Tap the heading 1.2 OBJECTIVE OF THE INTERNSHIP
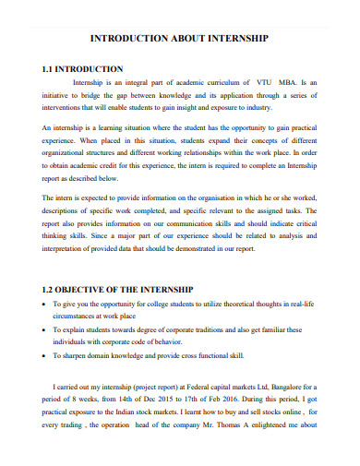tap(117, 286)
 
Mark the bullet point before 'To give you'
tap(45, 304)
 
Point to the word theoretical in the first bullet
tap(246, 304)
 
